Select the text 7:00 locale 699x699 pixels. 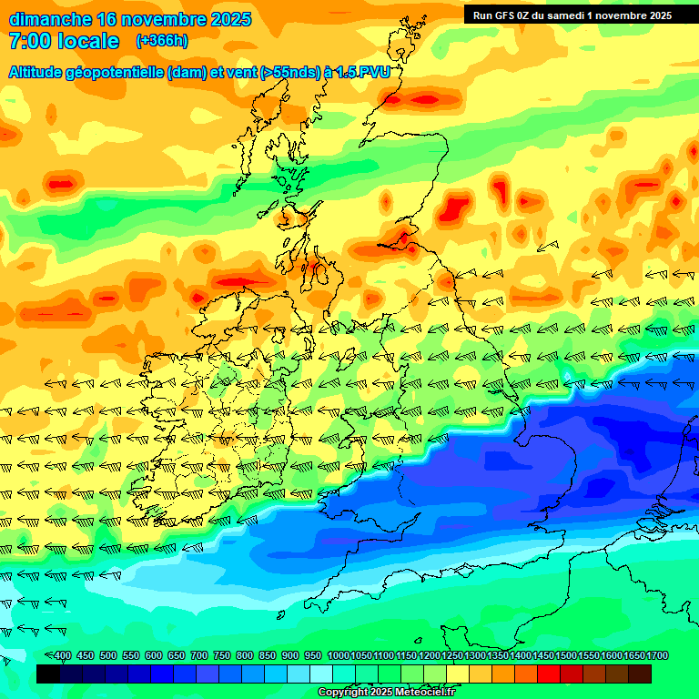(x=64, y=41)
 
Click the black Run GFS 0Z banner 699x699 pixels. (x=572, y=15)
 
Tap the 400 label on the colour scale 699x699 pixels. (x=63, y=656)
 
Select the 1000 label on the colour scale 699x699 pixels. (x=339, y=656)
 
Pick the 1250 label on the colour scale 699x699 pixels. (x=452, y=656)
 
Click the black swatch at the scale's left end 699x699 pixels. (x=49, y=674)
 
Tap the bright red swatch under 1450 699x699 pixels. (x=549, y=674)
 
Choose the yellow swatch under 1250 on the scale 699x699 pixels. (x=458, y=674)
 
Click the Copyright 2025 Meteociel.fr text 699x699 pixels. (x=385, y=693)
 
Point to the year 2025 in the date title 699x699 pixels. (x=222, y=19)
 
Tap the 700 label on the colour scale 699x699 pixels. (x=199, y=656)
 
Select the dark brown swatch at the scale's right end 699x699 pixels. (x=640, y=674)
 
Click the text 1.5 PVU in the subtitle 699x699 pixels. (x=363, y=73)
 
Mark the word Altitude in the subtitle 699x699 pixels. (x=37, y=73)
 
